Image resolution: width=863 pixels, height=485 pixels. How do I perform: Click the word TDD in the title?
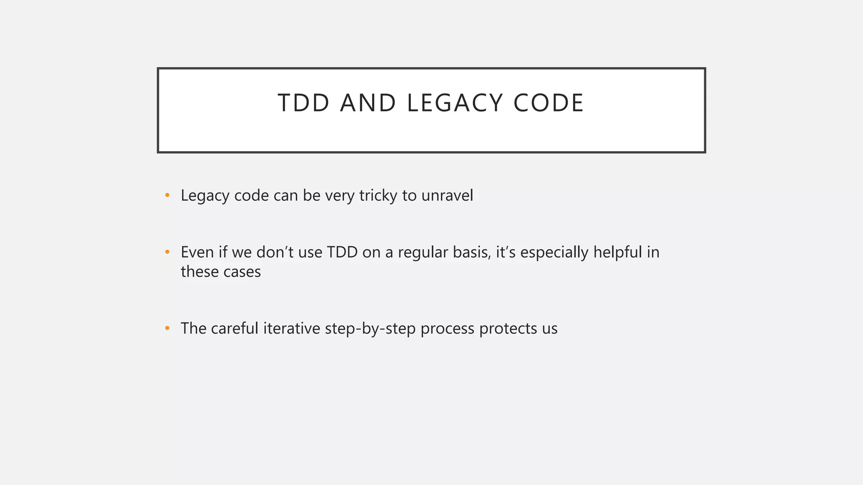coord(303,103)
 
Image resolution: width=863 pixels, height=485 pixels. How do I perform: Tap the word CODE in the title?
coord(548,103)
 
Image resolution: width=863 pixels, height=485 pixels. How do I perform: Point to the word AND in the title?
coord(368,103)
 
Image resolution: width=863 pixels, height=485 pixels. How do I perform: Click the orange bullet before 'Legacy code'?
coord(167,195)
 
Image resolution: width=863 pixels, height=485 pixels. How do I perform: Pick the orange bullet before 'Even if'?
coord(167,252)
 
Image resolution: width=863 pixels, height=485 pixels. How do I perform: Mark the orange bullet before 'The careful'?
coord(167,328)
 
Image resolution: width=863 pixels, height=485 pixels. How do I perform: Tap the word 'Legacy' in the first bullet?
coord(205,196)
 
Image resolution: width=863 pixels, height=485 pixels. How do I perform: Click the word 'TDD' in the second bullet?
coord(342,253)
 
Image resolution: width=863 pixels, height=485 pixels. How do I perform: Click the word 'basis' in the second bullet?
coord(472,253)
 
